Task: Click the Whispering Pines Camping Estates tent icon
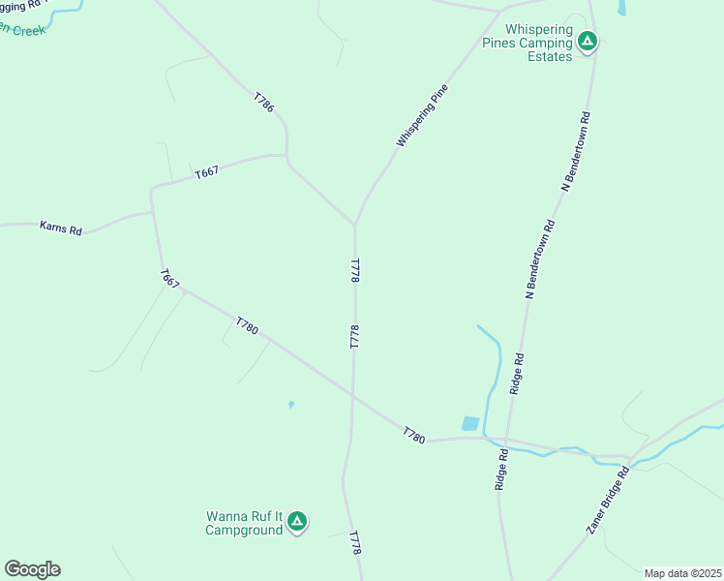pos(588,42)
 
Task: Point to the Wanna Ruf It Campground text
pos(244,523)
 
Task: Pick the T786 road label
pos(263,103)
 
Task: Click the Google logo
pos(32,569)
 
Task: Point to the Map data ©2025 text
pos(682,573)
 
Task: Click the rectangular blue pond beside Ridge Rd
pos(470,423)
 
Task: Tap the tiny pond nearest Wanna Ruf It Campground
pos(290,405)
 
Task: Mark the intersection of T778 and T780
pos(353,395)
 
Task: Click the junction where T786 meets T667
pos(287,156)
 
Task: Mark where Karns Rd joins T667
pos(152,212)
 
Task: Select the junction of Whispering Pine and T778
pos(355,225)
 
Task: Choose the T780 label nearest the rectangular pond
pos(414,436)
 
